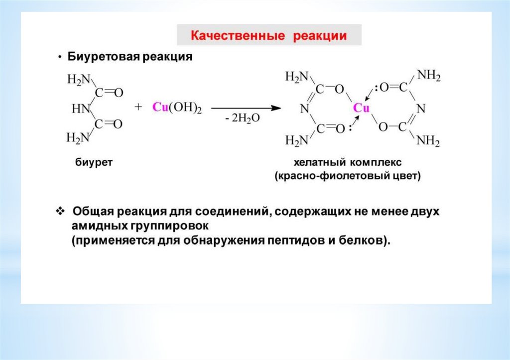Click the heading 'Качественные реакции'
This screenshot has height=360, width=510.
point(269,36)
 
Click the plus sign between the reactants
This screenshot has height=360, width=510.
point(138,108)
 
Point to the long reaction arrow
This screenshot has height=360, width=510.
point(244,108)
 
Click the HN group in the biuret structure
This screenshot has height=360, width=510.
point(80,108)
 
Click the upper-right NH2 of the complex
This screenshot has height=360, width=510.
point(428,76)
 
